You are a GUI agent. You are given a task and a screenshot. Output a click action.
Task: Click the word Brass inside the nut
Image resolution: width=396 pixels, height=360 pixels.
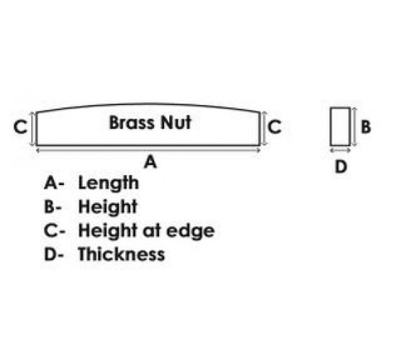tap(131, 122)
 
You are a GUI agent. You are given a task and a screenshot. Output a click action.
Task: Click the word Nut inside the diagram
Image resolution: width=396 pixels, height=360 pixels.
tap(176, 122)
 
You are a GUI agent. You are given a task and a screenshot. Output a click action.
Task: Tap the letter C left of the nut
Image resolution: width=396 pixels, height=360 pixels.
tap(20, 127)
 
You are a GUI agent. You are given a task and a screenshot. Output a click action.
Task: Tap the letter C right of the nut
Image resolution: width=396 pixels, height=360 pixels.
tap(274, 127)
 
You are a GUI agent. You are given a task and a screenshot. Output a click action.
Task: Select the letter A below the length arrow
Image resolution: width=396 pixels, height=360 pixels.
tap(150, 162)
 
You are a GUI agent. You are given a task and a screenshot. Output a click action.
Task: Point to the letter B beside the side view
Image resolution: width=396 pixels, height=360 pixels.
tap(366, 127)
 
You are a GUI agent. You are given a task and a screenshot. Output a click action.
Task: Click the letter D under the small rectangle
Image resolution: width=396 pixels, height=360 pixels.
tap(341, 167)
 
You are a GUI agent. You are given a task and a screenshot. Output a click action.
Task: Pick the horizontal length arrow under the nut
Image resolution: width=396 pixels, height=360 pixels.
tap(148, 150)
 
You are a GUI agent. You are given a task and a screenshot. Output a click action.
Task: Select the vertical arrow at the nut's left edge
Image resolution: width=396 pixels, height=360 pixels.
tap(32, 129)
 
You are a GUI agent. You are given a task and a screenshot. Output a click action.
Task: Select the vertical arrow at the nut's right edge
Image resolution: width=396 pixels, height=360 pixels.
tap(264, 129)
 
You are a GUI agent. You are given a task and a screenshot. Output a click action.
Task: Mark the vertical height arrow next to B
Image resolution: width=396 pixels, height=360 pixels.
tap(354, 127)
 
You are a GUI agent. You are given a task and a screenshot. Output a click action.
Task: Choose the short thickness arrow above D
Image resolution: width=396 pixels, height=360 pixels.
tap(340, 150)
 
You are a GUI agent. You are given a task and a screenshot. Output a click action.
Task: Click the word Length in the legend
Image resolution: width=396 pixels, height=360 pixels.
tap(109, 183)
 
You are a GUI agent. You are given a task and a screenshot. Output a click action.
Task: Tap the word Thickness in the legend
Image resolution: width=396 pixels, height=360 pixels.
tap(122, 254)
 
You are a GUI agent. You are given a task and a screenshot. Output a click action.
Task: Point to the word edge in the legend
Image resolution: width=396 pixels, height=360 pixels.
tap(190, 231)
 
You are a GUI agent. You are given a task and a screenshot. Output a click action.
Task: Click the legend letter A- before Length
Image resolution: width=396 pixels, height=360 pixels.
tap(54, 182)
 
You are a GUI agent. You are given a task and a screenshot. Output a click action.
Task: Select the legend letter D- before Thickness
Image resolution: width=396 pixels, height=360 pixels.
tap(54, 254)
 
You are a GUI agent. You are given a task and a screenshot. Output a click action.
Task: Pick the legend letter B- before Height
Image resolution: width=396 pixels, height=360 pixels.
tap(53, 207)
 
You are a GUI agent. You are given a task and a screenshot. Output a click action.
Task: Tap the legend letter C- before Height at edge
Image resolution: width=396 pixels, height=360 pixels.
tap(55, 230)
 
